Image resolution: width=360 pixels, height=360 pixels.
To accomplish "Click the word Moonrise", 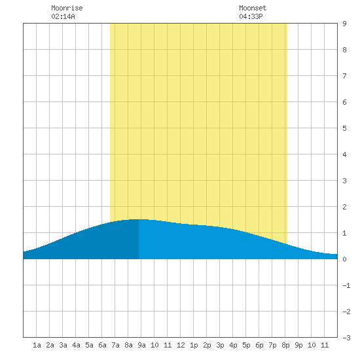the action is [x=67, y=8].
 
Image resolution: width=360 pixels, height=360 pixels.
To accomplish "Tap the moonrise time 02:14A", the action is [x=63, y=16].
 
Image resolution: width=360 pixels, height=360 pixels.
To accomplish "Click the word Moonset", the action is [x=253, y=8].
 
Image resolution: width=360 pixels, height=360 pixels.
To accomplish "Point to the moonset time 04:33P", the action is [x=251, y=16].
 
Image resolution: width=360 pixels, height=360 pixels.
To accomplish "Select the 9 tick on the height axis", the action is [x=344, y=24].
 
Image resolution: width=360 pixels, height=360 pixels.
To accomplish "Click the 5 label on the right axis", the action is [x=344, y=128].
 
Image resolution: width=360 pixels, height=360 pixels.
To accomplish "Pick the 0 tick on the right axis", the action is [x=344, y=259].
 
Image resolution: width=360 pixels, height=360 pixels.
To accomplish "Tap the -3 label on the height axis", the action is [x=346, y=338].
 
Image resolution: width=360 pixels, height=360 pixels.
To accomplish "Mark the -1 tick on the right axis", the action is [x=346, y=285].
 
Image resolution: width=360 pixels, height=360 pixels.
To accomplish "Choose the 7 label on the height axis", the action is [x=344, y=76].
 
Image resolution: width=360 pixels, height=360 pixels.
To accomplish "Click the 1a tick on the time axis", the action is [x=37, y=345].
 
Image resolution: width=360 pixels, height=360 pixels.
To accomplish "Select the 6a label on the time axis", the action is [x=102, y=345].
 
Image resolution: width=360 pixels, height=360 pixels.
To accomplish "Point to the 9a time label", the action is [x=141, y=345].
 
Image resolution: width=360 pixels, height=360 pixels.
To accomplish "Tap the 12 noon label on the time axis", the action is [x=181, y=345].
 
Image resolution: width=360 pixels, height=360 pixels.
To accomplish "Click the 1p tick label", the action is [x=194, y=345].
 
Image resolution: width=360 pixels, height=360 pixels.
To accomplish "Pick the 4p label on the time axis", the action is [x=233, y=345].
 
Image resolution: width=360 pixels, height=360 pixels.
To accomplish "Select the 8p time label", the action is [x=285, y=345].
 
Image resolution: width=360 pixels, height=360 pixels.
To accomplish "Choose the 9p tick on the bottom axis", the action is [x=298, y=345].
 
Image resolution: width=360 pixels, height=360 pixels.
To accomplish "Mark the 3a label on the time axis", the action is [x=63, y=345].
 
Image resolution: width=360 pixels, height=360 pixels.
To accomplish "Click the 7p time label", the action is [x=272, y=345].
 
